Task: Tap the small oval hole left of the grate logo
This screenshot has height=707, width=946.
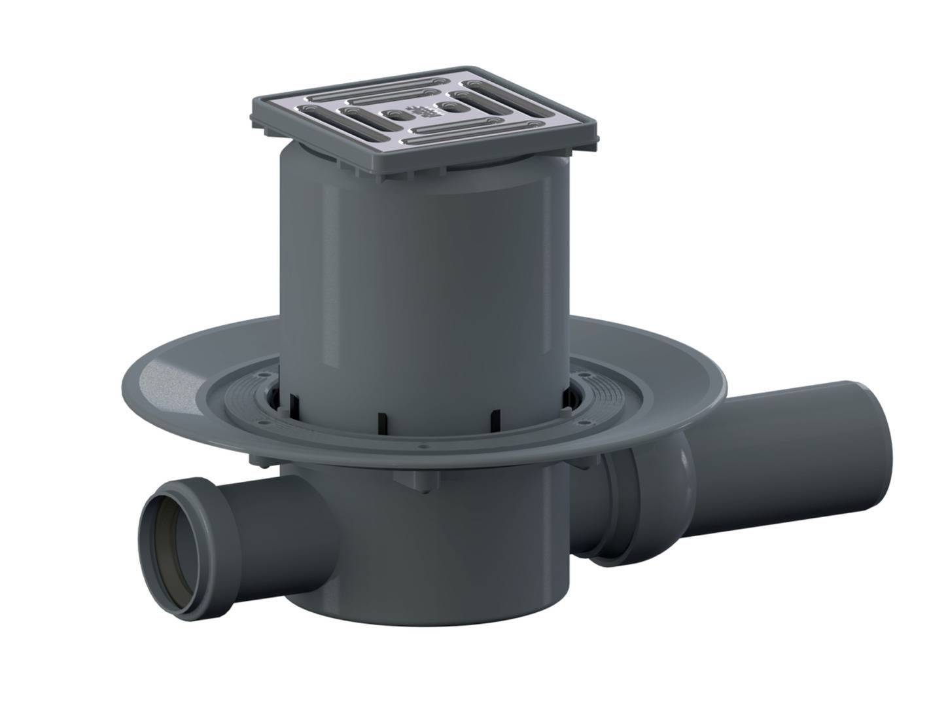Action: click(394, 115)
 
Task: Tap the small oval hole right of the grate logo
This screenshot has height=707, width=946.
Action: click(447, 105)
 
